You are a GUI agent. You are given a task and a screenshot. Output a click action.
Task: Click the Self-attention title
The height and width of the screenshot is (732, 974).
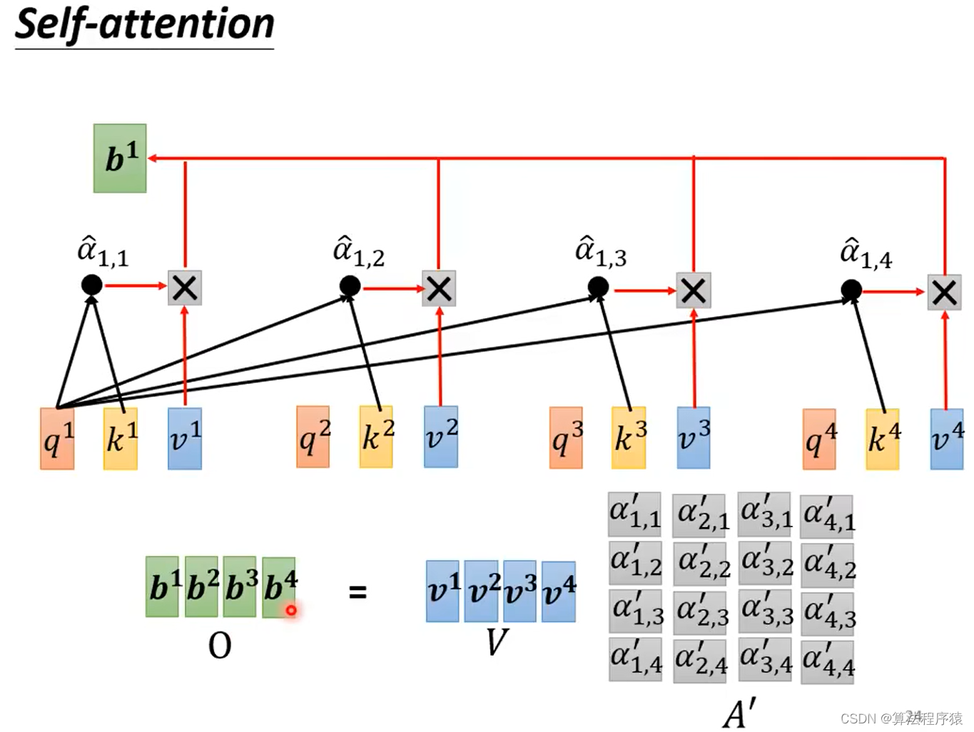144,25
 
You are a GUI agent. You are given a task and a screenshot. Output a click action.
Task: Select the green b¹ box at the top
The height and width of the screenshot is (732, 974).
120,158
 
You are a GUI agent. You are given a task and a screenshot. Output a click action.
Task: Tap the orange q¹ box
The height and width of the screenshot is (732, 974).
57,439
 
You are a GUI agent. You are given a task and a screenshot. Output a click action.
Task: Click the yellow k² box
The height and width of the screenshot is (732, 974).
376,437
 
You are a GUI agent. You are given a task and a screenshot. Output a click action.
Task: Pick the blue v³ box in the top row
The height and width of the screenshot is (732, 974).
693,437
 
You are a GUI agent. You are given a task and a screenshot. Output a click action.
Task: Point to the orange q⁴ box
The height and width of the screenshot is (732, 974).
819,439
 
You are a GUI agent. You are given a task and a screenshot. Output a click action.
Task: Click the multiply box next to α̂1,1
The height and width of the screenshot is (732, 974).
185,288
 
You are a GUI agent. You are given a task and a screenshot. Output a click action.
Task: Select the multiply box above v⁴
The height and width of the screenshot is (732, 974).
944,292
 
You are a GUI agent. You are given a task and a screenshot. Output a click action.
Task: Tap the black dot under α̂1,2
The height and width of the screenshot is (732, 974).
350,286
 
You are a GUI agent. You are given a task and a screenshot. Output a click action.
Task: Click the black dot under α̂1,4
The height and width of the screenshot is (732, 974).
851,290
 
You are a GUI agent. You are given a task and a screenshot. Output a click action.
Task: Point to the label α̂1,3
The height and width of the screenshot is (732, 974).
601,252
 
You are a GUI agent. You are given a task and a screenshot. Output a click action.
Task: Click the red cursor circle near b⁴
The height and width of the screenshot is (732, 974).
291,610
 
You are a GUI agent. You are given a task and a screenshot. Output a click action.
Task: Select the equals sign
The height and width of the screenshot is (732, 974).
357,591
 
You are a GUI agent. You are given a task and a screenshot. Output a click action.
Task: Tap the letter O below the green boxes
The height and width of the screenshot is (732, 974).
220,646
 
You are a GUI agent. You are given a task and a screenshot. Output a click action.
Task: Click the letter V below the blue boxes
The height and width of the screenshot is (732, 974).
497,642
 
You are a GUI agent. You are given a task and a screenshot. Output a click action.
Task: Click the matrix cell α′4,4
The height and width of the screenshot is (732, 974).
827,661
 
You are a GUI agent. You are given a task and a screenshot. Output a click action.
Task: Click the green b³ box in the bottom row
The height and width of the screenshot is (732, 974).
240,587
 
